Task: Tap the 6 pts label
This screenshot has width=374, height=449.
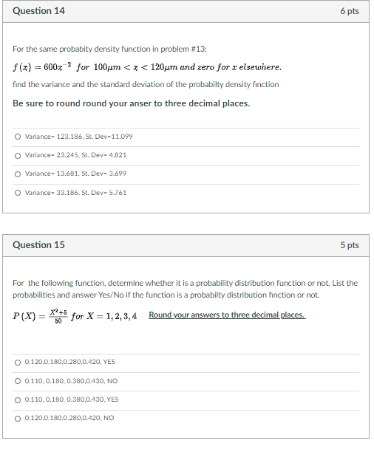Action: tap(349, 11)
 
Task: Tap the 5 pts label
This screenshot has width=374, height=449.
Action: tap(349, 244)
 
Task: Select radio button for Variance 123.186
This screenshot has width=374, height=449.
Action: tap(18, 137)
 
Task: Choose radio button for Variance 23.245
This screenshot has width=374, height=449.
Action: tap(18, 155)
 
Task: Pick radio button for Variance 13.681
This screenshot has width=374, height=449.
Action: tap(18, 174)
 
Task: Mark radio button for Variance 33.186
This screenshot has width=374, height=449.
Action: tap(18, 193)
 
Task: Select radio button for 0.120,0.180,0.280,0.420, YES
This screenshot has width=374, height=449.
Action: tap(18, 362)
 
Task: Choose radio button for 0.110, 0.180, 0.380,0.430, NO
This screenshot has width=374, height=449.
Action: tap(18, 380)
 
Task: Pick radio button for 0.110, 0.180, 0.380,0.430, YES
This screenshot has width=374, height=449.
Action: tap(18, 399)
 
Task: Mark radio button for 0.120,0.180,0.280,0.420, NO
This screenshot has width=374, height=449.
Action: tap(18, 417)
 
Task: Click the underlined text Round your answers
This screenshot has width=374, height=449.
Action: tap(226, 315)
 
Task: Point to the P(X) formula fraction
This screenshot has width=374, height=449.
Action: tap(61, 316)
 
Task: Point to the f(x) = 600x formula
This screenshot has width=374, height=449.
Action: tap(41, 67)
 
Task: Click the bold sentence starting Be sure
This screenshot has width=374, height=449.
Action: tap(131, 103)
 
